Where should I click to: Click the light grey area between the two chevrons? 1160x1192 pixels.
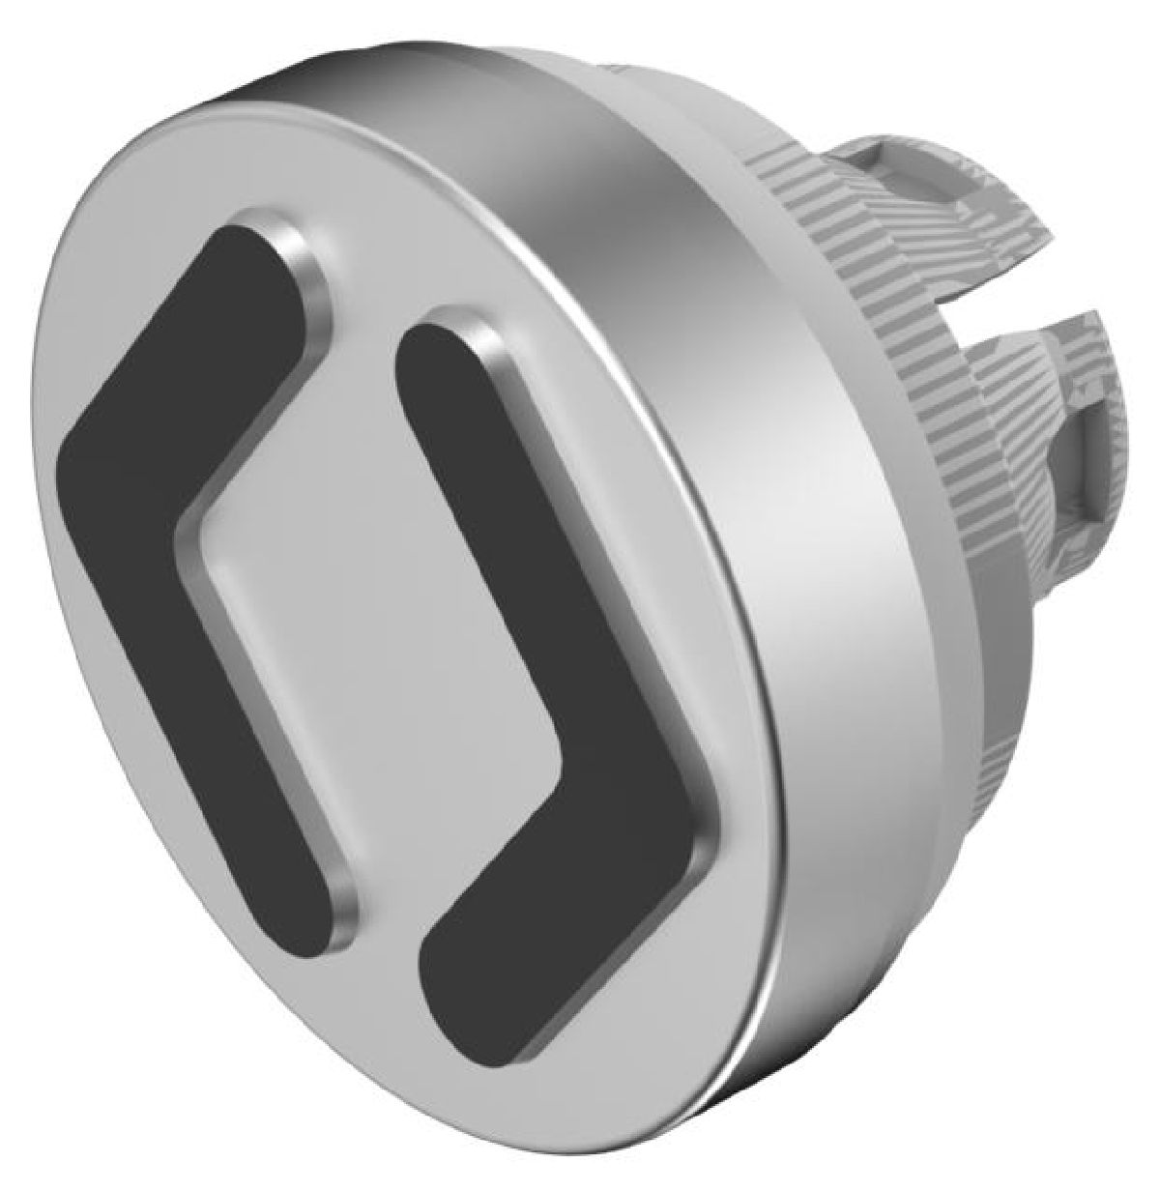[x=387, y=599]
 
